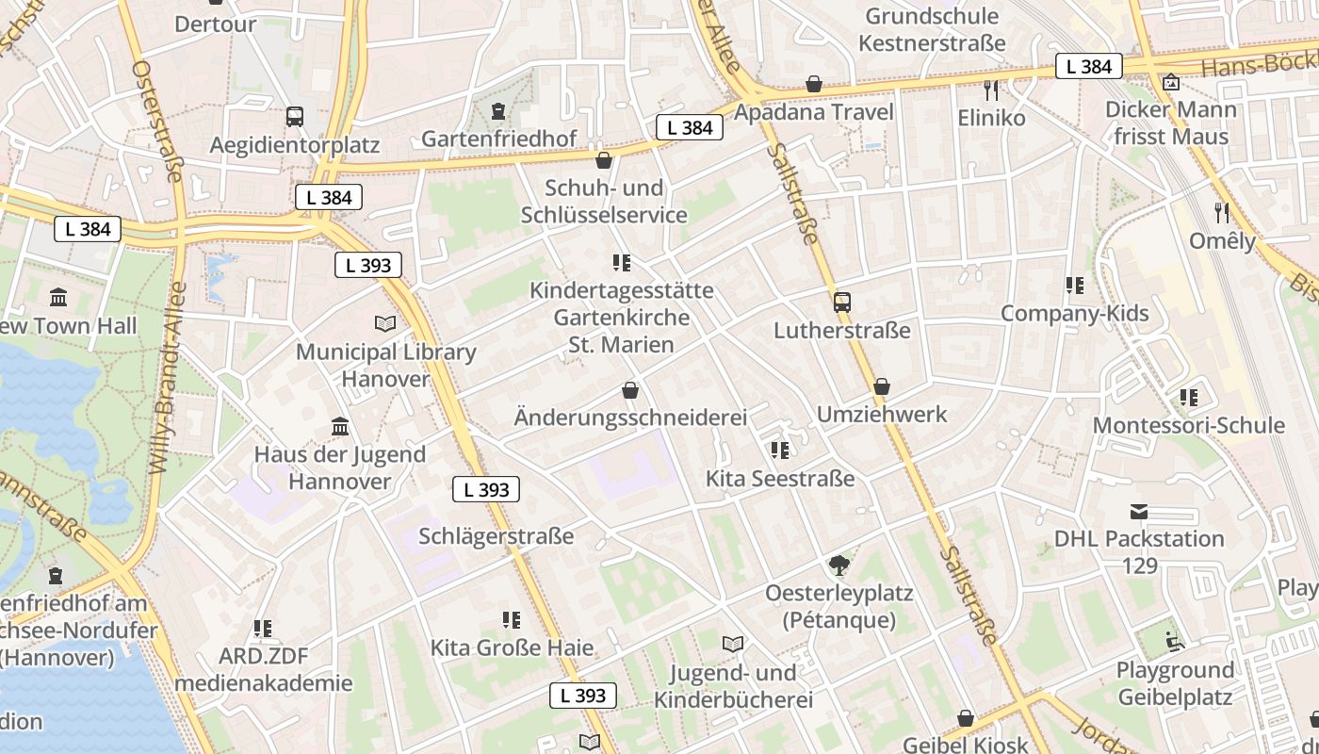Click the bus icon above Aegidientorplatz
(295, 117)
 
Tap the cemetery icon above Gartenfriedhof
(497, 111)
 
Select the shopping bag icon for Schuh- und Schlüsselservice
(604, 159)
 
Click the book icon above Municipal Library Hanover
(385, 324)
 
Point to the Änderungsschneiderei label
(630, 417)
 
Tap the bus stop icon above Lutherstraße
(842, 303)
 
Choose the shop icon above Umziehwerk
(882, 386)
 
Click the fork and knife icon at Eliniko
(991, 90)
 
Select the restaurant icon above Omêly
(1222, 212)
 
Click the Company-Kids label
(1074, 313)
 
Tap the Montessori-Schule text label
(1188, 425)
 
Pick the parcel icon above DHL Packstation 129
(1139, 512)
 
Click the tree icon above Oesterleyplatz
(839, 565)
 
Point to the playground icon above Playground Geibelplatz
(1174, 642)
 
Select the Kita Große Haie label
(512, 647)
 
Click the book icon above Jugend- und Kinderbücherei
(733, 645)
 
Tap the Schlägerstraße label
(496, 536)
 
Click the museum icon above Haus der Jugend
(340, 427)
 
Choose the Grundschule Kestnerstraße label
(932, 29)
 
